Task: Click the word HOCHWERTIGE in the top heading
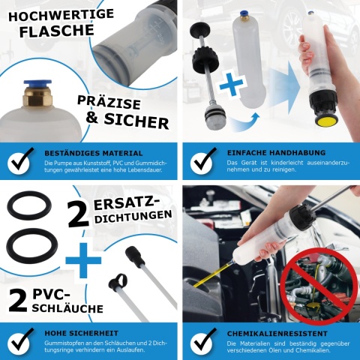pyautogui.click(x=50, y=12)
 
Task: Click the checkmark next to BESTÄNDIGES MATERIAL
pyautogui.click(x=20, y=159)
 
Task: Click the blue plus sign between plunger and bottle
pyautogui.click(x=232, y=85)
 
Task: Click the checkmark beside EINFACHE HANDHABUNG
pyautogui.click(x=203, y=159)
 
